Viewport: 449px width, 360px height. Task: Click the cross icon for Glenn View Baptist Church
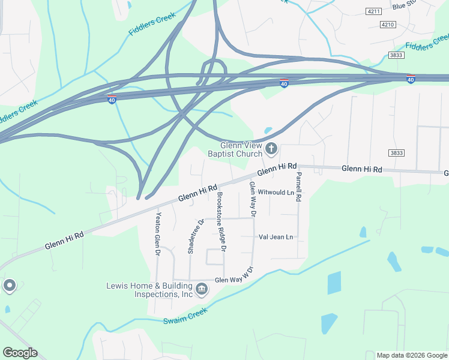[271, 148]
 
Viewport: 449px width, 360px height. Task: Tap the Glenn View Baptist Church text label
[235, 149]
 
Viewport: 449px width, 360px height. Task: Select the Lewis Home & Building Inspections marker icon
[202, 290]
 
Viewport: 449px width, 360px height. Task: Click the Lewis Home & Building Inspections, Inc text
[149, 290]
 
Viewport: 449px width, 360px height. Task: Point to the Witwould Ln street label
[276, 193]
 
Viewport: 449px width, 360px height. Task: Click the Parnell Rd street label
[298, 186]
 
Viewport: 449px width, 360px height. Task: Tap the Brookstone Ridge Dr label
[222, 221]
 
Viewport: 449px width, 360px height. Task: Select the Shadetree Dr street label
[192, 236]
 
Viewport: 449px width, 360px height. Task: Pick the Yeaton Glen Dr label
[158, 235]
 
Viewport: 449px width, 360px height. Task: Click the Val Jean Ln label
[275, 237]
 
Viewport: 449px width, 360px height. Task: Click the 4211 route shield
[373, 11]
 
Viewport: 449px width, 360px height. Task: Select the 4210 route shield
[388, 24]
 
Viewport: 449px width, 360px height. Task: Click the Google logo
[20, 353]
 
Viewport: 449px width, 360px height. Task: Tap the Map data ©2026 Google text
[411, 355]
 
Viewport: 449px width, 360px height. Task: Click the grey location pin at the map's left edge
[9, 286]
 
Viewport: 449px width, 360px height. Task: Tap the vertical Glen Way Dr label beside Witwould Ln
[253, 199]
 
